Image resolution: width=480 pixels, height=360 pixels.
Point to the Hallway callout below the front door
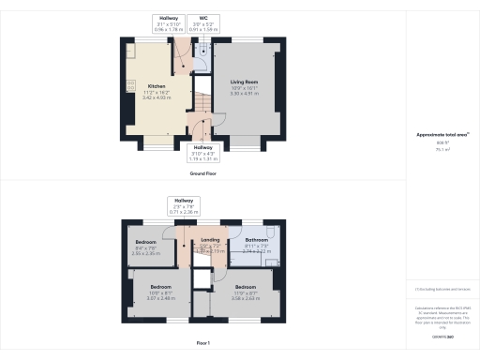pos(202,153)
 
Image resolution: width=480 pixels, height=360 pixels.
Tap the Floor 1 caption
pos(202,344)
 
